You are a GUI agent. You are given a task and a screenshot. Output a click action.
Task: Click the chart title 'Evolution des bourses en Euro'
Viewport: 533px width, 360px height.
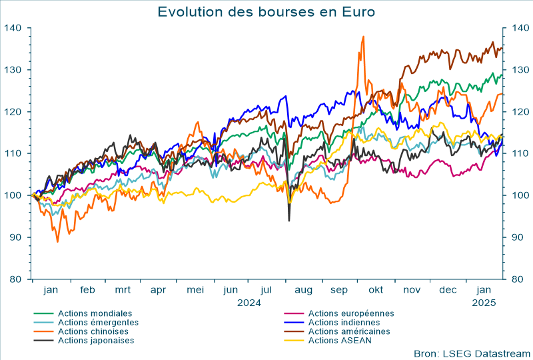266,11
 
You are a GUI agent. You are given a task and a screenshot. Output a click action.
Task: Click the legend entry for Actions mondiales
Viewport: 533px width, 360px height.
95,313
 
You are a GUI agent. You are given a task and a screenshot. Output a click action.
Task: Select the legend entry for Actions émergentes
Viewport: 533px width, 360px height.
99,323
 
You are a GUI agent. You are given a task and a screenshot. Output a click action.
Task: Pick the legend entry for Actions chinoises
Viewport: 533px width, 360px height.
93,331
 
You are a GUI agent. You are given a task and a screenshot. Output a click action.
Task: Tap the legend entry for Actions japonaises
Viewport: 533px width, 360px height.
96,340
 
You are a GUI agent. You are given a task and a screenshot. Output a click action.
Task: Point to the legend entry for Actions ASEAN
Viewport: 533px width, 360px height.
340,340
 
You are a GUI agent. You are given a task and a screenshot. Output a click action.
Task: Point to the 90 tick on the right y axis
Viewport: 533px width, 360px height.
518,237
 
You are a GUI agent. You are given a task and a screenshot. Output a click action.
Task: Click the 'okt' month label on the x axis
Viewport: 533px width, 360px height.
377,291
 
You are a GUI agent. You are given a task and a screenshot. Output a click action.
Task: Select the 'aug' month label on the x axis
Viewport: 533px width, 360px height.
303,291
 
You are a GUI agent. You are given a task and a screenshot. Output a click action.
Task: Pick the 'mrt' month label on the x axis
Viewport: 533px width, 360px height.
123,291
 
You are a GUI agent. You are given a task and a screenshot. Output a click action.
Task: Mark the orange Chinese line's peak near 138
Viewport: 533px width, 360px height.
363,37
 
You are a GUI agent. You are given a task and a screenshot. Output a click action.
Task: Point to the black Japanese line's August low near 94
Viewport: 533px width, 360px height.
289,220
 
